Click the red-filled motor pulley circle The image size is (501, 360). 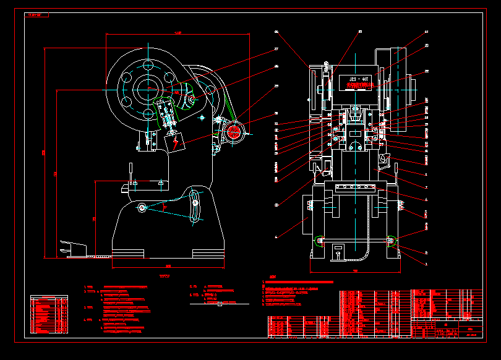coord(234,131)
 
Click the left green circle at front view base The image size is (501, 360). coord(319,241)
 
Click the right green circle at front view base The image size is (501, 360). coord(391,241)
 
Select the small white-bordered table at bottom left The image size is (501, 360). coord(50,315)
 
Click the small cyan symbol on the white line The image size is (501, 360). coord(220,303)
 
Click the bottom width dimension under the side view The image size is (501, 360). coord(168,265)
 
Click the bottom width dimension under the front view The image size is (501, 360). coord(355,271)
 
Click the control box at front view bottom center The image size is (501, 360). coord(338,251)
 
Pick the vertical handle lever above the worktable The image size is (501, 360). coord(131,172)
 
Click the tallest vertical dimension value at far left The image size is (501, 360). coord(43,152)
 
